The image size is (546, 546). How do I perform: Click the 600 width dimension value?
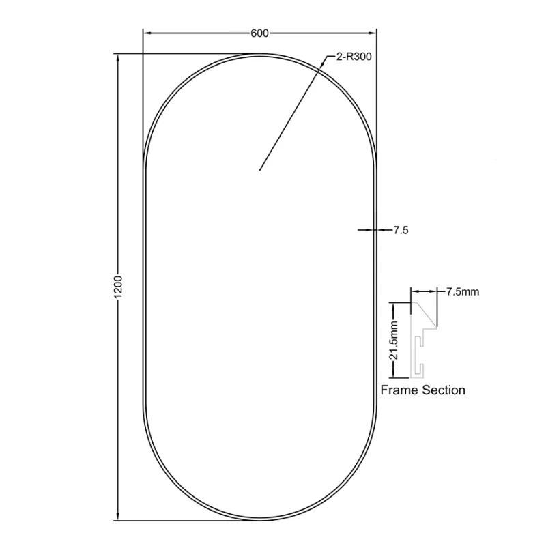(259, 33)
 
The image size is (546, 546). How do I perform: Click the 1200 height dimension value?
(118, 287)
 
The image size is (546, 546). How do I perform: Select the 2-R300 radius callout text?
(354, 57)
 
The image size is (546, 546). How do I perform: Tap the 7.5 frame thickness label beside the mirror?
(401, 230)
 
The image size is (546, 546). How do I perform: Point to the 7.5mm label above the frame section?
(463, 291)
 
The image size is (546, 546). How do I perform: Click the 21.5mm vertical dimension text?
(394, 340)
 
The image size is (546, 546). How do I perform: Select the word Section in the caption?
(444, 390)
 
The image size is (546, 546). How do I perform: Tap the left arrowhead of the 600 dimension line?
(147, 33)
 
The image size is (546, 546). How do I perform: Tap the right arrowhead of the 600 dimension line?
(373, 33)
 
